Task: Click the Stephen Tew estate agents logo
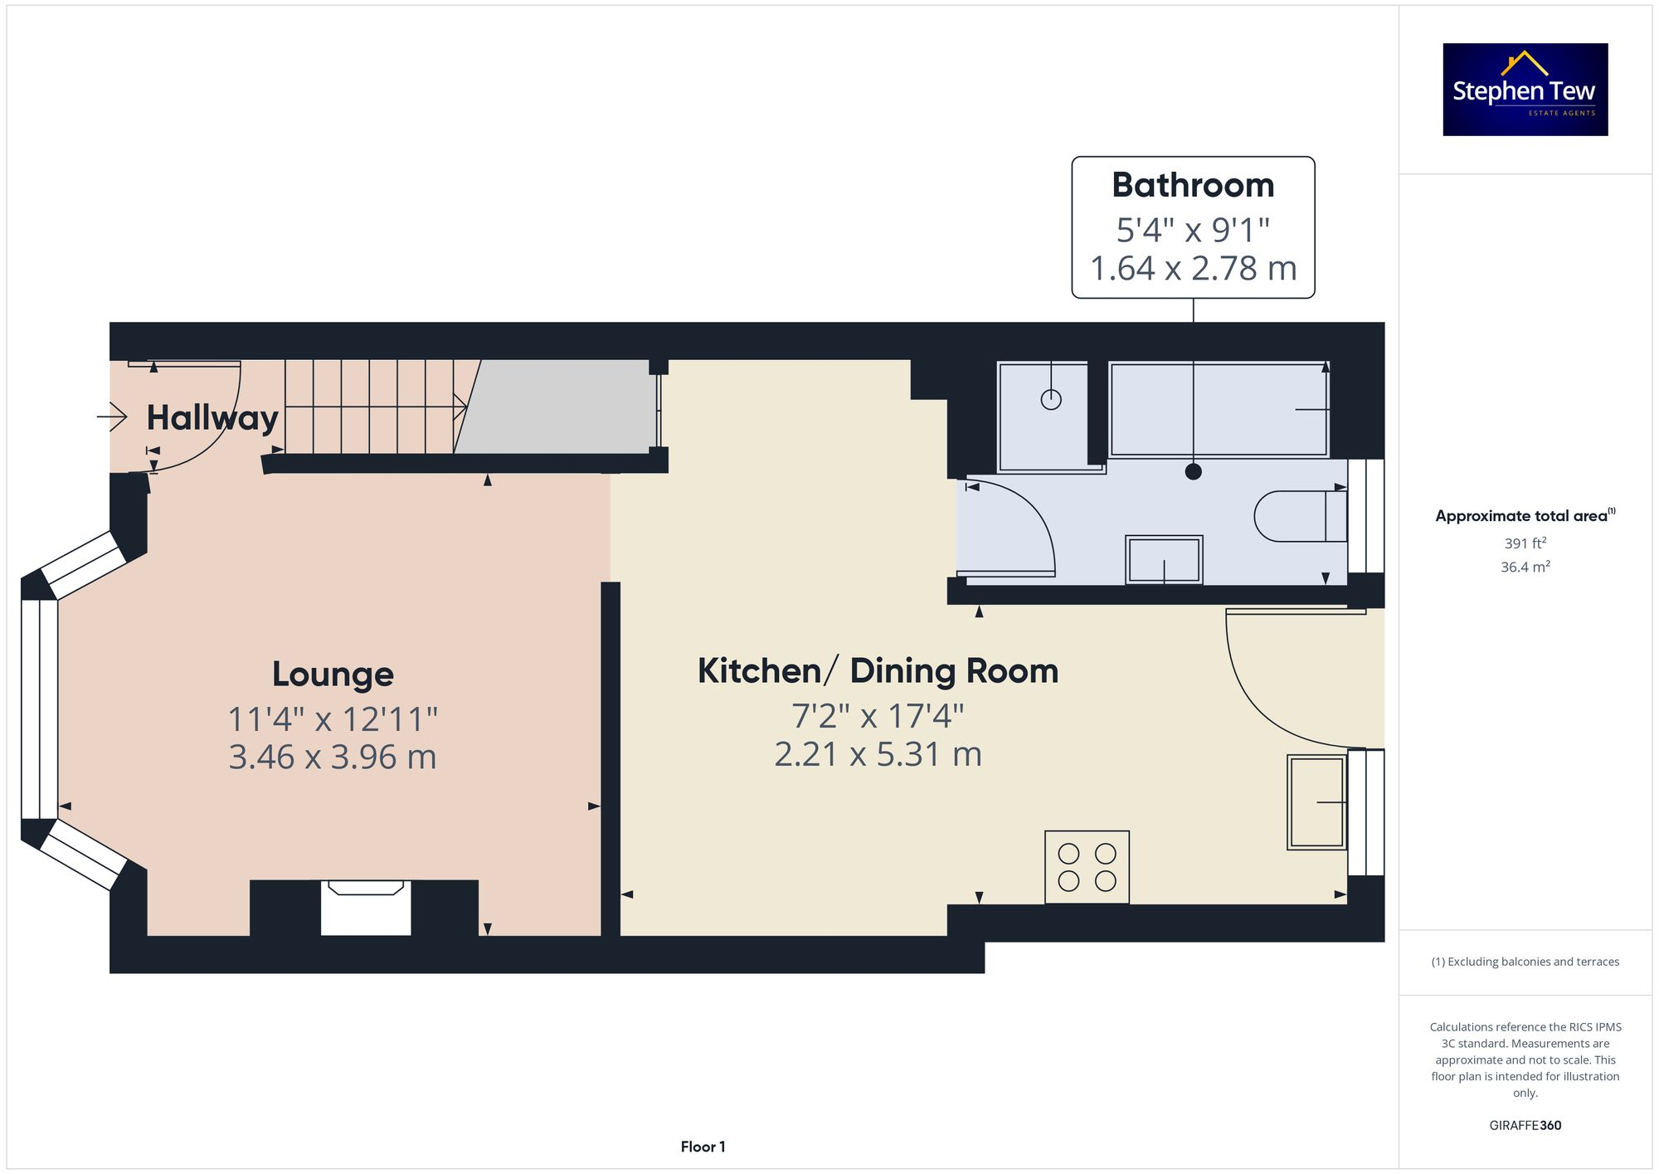1525,90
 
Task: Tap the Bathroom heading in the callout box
1192,185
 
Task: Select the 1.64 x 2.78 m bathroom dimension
1192,269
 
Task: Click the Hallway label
212,417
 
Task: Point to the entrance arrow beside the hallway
112,416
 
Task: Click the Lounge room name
333,674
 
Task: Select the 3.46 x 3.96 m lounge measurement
332,757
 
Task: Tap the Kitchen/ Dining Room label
878,670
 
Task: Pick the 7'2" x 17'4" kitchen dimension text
878,715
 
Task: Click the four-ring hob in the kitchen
1087,867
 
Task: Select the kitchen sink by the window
1316,802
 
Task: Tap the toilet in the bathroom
1298,516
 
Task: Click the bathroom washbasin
1164,560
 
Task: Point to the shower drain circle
1051,400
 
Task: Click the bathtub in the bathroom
1218,409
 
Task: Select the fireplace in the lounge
366,907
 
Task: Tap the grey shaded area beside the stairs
556,407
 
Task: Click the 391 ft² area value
1525,543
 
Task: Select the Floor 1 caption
703,1147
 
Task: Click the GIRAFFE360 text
1525,1126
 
